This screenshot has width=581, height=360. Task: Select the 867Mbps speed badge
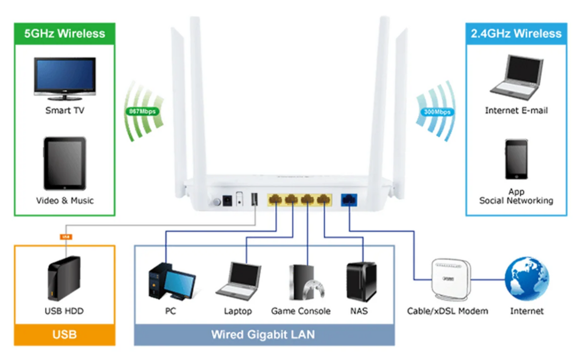(x=142, y=111)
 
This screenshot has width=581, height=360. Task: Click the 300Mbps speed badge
(x=437, y=112)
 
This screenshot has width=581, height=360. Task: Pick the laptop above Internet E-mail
(x=517, y=77)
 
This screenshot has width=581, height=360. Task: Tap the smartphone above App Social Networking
(x=516, y=159)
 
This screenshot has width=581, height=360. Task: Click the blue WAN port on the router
(x=349, y=199)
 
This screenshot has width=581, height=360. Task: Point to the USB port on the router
(x=254, y=198)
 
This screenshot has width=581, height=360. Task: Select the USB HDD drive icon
(x=64, y=278)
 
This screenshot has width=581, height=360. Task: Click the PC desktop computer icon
(x=171, y=282)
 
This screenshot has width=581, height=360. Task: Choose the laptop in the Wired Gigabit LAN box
(x=239, y=281)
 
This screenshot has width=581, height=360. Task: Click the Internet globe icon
(x=527, y=279)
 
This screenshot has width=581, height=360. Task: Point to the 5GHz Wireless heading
(x=65, y=34)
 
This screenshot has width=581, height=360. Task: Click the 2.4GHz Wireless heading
(x=516, y=34)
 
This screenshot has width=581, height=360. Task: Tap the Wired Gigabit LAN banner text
(x=263, y=335)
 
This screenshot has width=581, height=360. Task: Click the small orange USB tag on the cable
(x=66, y=237)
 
